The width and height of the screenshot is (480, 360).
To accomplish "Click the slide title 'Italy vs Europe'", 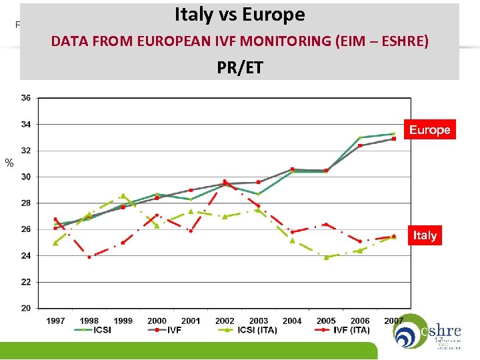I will point(239,15).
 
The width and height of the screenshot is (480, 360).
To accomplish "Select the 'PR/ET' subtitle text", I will point(239,67).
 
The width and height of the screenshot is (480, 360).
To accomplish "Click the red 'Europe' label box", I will point(429,130).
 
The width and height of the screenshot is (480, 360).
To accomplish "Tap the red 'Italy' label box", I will point(425,235).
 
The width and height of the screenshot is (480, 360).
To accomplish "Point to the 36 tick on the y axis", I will point(26,98).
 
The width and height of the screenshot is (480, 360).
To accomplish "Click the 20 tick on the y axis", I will point(26,309).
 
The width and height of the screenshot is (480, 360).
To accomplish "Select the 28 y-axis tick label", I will point(26,203).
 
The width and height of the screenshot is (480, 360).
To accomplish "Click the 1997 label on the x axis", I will point(56,321).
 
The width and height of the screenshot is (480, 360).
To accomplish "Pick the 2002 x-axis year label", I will point(225,321).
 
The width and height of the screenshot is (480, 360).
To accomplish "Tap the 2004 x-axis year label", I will point(292,321).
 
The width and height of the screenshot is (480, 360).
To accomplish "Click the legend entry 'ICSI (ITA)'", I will point(242,329).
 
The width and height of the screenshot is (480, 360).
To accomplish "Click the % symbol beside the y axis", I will point(9,163).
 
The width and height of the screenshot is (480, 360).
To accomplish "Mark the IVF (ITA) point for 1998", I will point(89,257).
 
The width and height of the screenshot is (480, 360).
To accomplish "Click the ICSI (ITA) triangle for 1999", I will point(123,195).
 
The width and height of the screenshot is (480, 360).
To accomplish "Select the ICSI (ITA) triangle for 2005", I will point(326,257).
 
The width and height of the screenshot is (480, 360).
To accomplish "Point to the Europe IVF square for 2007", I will point(394,139).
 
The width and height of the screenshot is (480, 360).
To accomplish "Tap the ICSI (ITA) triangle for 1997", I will point(55,243).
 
